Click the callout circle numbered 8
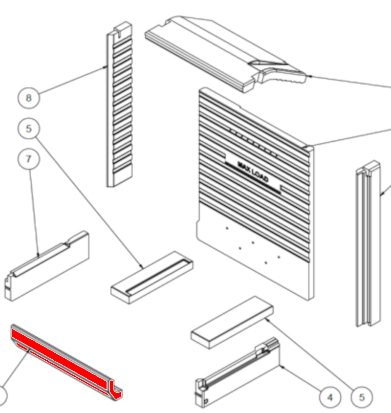pos(29,98)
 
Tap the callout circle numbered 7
pos(29,159)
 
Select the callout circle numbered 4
pos(330,397)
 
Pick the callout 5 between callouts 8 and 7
pos(29,129)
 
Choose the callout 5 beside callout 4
pos(362,397)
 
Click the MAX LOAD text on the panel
pos(253,172)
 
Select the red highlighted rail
pos(66,362)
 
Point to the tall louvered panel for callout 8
pos(120,105)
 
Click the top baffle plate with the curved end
pos(225,54)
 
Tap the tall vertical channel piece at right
pos(369,243)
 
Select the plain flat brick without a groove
pos(232,323)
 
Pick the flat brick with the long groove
pos(152,277)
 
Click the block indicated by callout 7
pos(47,266)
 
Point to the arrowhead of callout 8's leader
pos(106,67)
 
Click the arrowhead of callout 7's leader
pos(38,255)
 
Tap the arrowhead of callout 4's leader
pos(281,367)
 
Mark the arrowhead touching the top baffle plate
pos(309,76)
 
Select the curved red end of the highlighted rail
pos(115,389)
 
